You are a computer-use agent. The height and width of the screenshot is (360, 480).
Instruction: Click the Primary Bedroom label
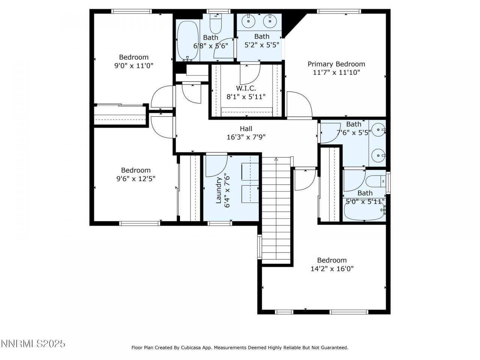(336, 64)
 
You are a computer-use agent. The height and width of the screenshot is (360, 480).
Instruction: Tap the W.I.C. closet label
(246, 88)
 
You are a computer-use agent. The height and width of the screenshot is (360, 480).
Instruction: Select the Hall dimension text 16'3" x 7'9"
(246, 137)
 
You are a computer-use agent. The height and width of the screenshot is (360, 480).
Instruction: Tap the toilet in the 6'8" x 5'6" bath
(216, 24)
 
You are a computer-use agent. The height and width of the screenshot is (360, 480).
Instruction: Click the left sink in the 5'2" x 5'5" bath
(249, 21)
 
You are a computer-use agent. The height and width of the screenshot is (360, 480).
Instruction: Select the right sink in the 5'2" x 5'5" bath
(270, 21)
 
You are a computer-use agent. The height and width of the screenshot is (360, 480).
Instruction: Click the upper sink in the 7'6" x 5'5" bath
(379, 130)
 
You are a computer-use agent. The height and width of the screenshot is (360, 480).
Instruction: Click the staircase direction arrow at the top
(276, 159)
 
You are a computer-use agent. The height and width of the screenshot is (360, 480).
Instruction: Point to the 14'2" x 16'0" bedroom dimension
(332, 269)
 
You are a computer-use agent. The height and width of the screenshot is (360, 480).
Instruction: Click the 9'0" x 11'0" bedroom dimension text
(134, 66)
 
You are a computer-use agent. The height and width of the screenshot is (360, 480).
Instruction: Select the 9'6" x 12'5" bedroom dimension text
(136, 179)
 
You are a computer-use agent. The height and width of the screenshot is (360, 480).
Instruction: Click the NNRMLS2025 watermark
(33, 343)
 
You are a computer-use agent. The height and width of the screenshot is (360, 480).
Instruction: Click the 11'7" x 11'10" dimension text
(336, 72)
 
